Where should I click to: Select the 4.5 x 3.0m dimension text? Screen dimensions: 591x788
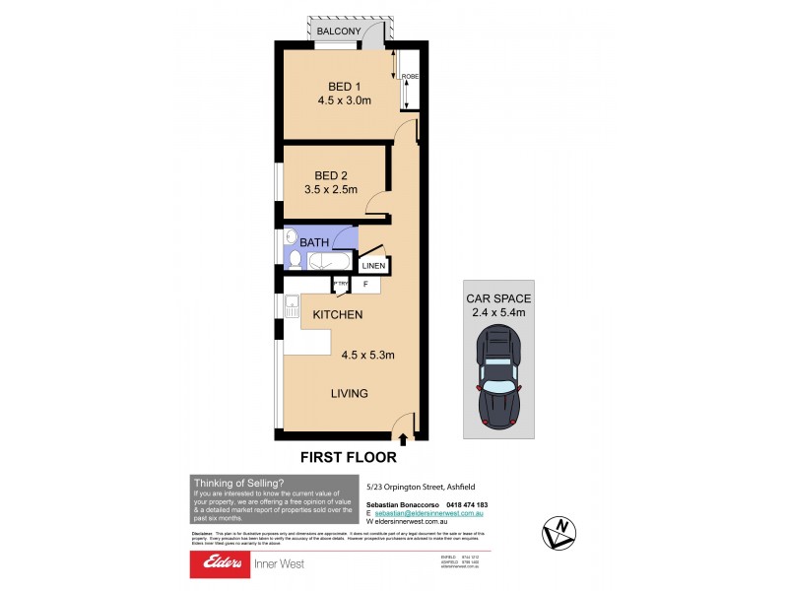(x=344, y=99)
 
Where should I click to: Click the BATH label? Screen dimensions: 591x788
(x=314, y=241)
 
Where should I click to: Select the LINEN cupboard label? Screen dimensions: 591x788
(x=373, y=266)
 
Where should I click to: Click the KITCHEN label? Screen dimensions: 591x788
(x=338, y=315)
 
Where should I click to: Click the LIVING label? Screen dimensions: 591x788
(x=349, y=394)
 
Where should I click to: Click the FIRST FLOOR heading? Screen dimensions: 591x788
(x=349, y=458)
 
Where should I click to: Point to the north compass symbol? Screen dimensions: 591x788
(x=558, y=533)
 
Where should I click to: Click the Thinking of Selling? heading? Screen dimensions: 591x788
(x=238, y=483)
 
